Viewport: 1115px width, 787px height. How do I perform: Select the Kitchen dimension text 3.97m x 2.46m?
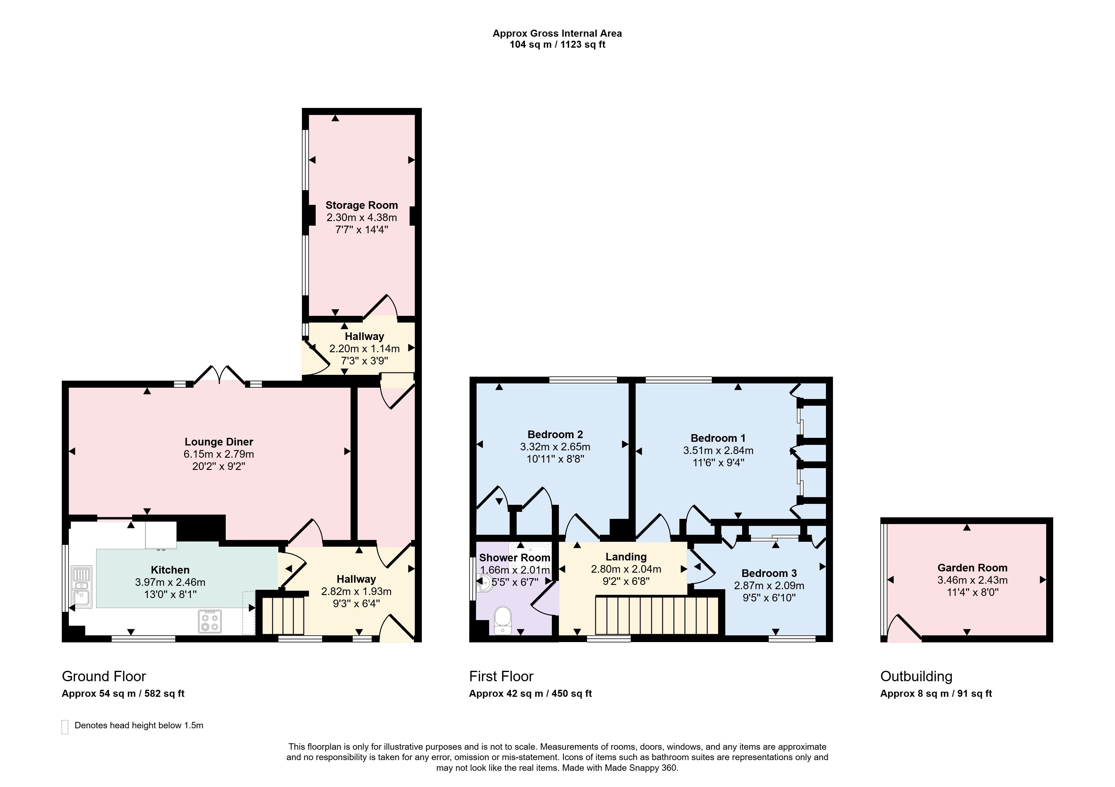(x=170, y=582)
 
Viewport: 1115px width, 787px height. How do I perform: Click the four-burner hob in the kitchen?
(x=210, y=622)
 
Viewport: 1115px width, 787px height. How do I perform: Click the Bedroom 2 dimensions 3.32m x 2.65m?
(x=555, y=447)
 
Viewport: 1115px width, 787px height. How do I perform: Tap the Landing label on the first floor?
(x=626, y=557)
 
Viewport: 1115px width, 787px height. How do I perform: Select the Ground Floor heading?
(x=104, y=676)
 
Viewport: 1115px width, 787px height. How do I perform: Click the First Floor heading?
(x=501, y=676)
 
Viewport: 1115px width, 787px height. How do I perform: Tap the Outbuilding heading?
(x=916, y=676)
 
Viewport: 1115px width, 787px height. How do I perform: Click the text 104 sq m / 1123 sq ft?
(x=557, y=45)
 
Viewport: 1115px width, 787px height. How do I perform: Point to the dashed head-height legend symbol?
(x=65, y=727)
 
